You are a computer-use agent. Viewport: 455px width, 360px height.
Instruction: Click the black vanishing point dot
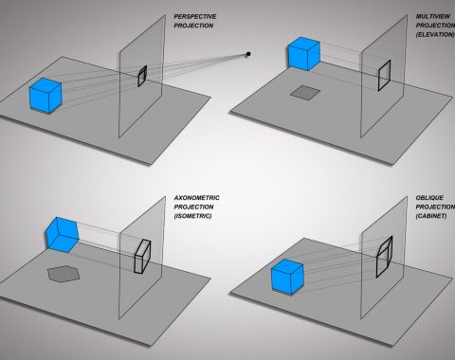coord(248,54)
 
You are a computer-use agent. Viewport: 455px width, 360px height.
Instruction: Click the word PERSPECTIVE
coord(195,16)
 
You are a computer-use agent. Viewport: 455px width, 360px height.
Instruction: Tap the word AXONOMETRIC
coord(196,198)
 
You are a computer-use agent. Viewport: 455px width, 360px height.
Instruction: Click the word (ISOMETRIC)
coord(192,216)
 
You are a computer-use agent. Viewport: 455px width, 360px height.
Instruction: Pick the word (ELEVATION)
coord(435,34)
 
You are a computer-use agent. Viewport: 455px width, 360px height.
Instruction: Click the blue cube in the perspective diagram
coord(45,96)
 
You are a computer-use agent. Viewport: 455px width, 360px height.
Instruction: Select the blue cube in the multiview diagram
coord(304,54)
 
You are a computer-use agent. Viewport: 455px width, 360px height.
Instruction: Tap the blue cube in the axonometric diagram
coord(63,235)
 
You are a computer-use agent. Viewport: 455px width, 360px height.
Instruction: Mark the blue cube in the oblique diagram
coord(287,277)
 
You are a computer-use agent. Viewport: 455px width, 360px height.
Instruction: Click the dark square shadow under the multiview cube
coord(305,93)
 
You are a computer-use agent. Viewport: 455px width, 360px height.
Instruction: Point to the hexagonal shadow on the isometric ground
coord(64,273)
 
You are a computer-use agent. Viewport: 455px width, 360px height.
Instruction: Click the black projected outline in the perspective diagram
coord(142,76)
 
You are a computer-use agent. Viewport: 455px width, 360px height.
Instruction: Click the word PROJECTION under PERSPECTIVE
coord(193,26)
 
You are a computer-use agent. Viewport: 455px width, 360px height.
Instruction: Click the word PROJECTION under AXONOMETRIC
coord(193,207)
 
